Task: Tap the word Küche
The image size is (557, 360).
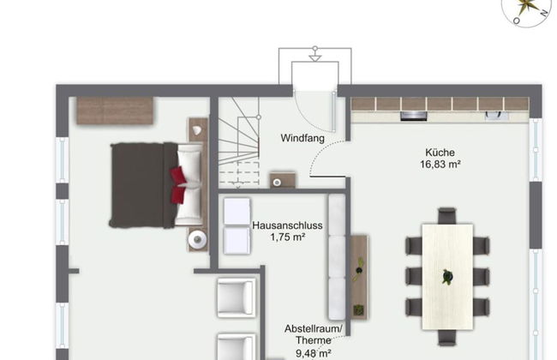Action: (440, 152)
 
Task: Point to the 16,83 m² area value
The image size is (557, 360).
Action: (440, 165)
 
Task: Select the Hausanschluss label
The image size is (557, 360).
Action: (287, 225)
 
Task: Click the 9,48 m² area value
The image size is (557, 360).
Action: (314, 351)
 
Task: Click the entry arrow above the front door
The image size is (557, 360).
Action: (314, 57)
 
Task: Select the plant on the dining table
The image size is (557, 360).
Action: (446, 277)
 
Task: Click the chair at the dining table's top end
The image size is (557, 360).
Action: (446, 215)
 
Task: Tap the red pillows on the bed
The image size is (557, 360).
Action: (177, 185)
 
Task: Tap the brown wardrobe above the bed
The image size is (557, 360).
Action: (115, 110)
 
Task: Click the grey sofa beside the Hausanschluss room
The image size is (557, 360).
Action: (337, 257)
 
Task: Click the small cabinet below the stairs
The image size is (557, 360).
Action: (282, 181)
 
